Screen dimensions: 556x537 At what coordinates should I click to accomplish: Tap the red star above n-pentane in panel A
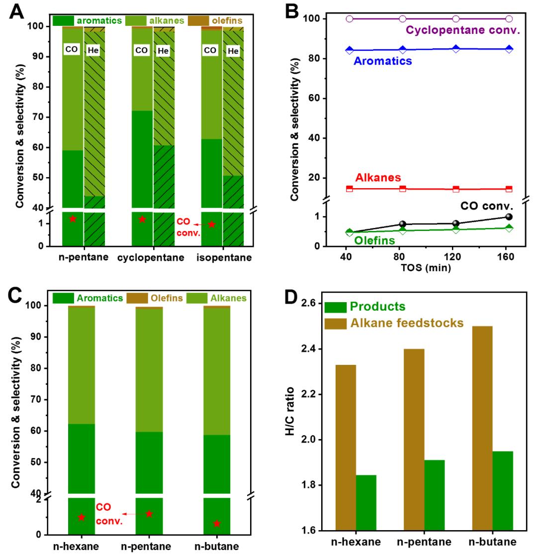click(73, 219)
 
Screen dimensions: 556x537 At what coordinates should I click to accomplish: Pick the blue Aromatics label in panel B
click(382, 61)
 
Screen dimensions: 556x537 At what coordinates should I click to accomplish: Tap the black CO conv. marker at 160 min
click(509, 217)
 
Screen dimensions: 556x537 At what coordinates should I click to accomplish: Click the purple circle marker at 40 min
click(350, 19)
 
